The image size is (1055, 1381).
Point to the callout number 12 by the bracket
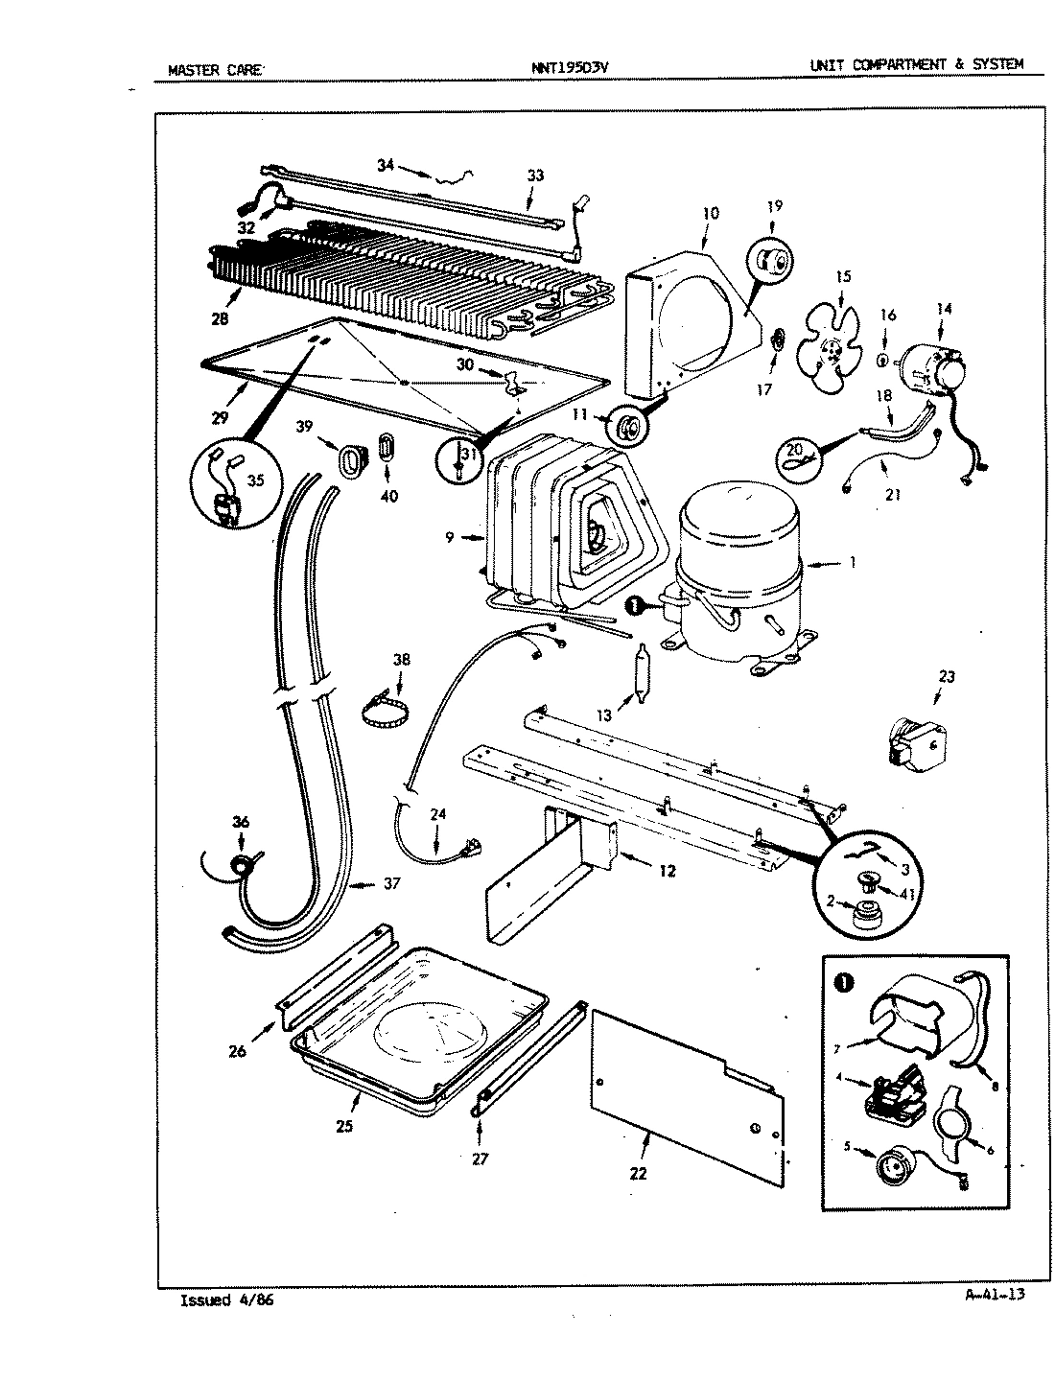click(667, 871)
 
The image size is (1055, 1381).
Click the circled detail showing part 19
click(772, 259)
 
